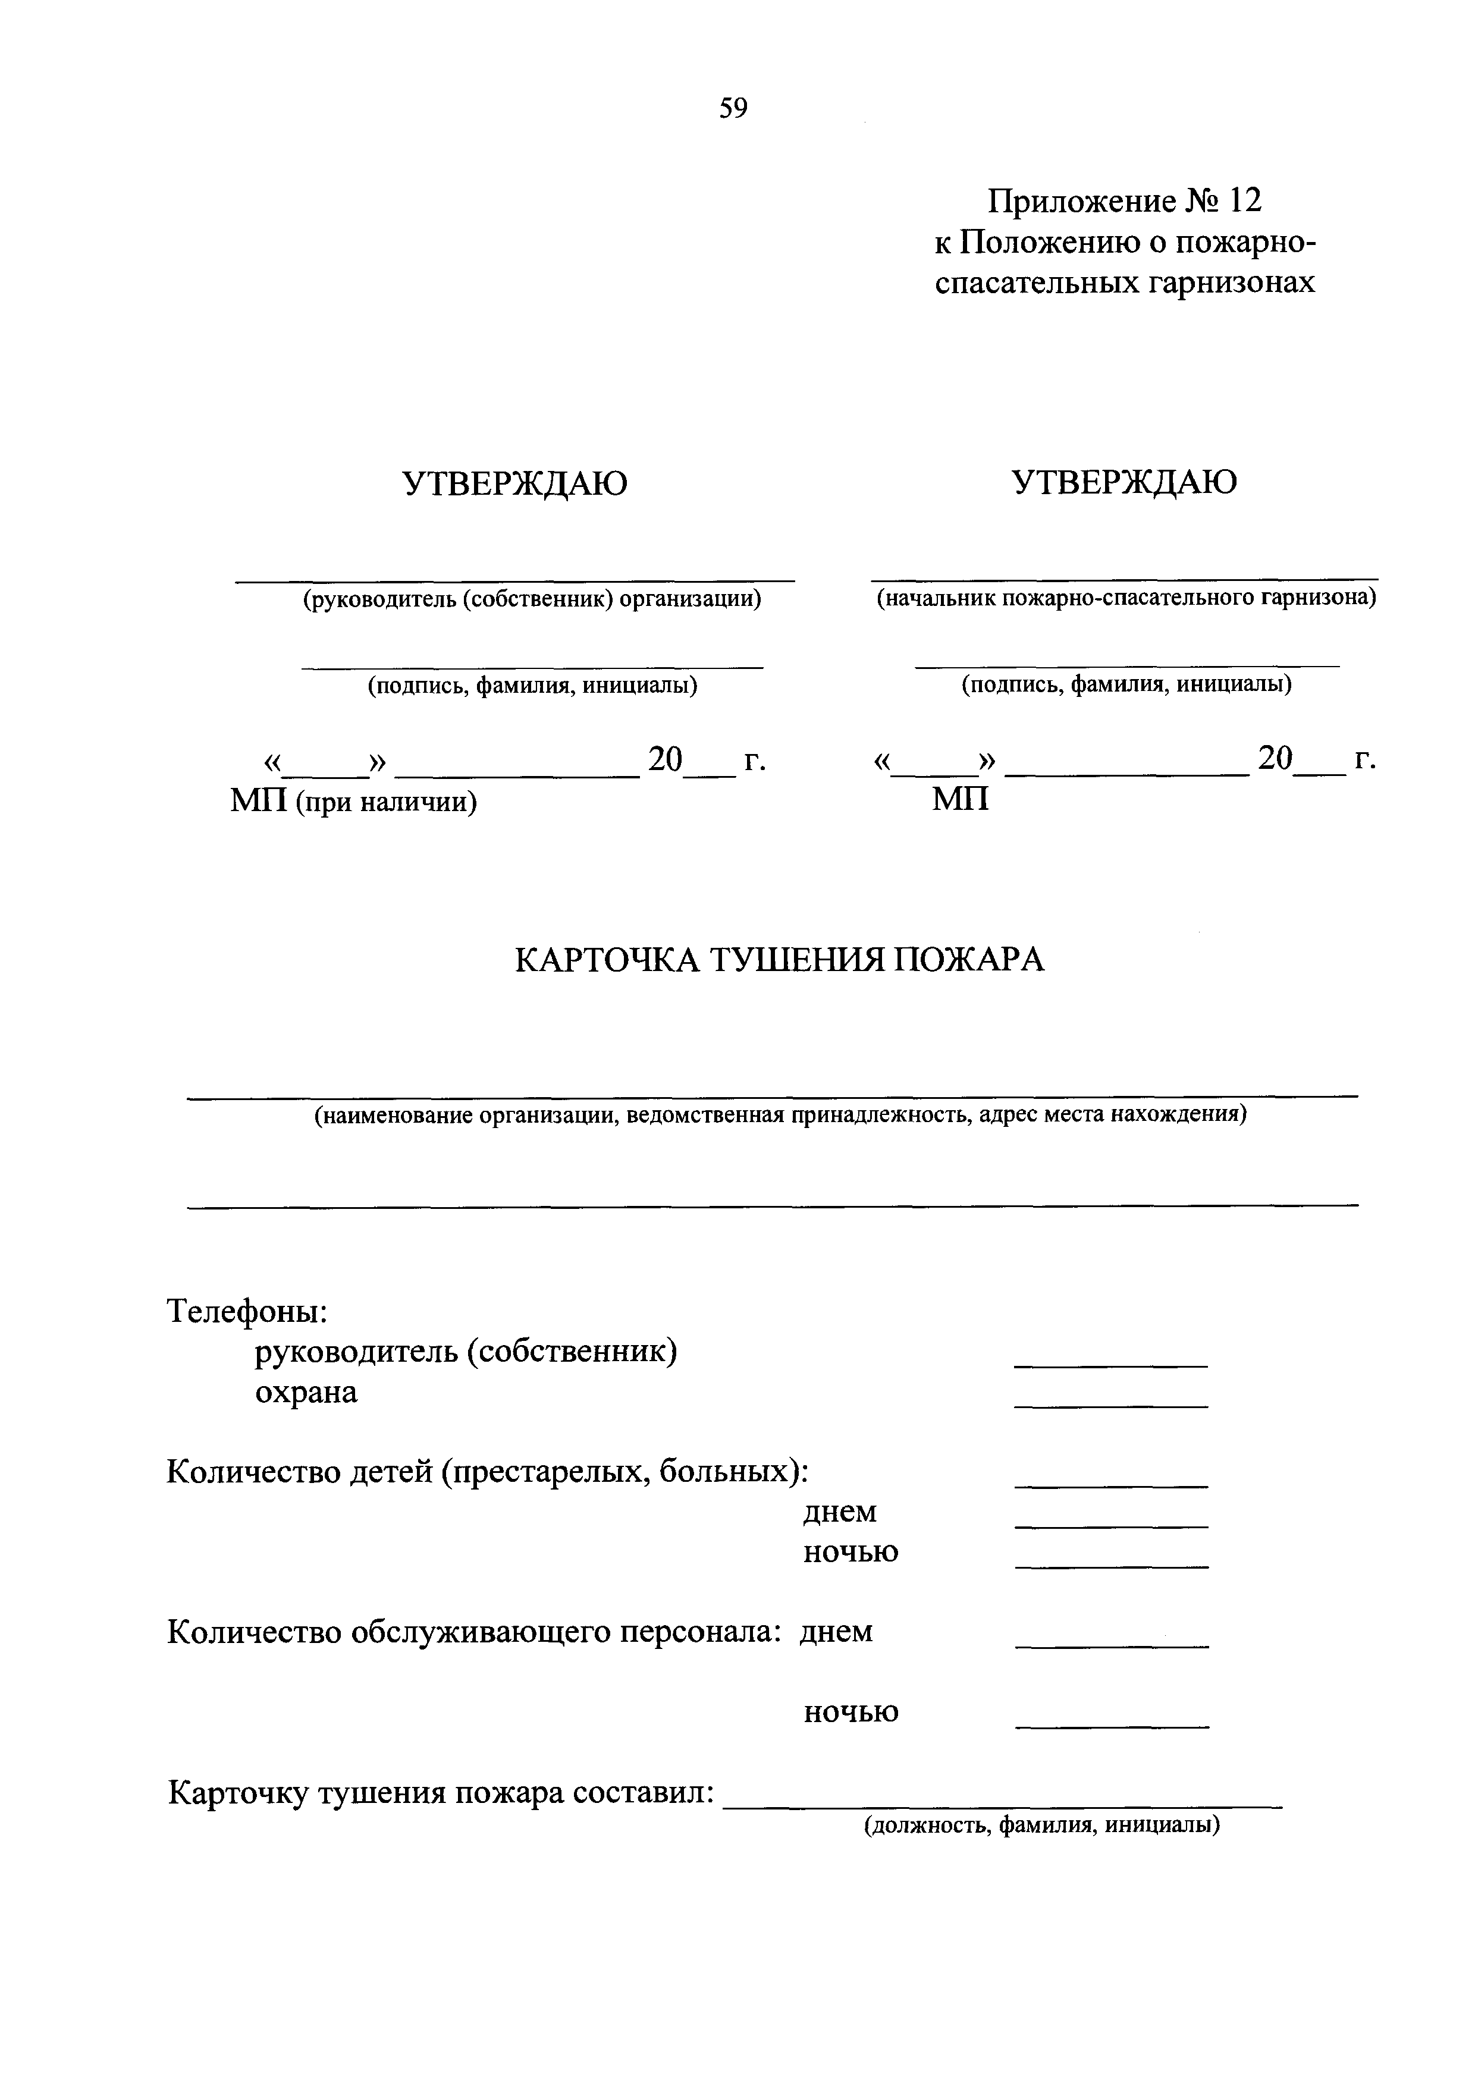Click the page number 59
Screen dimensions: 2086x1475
733,109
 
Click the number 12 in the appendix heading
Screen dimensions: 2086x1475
1245,201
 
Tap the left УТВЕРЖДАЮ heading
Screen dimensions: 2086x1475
515,483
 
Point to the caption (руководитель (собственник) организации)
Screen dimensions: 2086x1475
532,599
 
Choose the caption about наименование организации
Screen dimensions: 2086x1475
780,1115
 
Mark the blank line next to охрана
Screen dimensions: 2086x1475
1110,1406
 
